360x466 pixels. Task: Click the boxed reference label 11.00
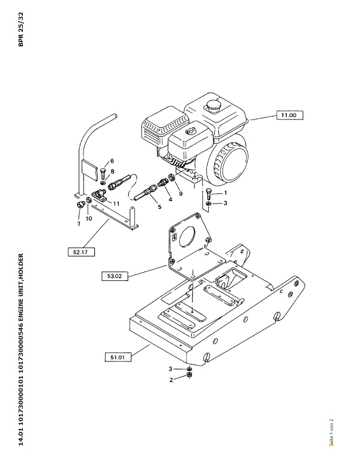pos(290,115)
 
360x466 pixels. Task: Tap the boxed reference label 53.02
pos(115,276)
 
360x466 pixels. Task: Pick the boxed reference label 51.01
pos(118,357)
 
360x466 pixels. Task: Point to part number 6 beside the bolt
pos(112,161)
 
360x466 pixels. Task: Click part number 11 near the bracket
pos(116,204)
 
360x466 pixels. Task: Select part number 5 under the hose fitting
pos(160,207)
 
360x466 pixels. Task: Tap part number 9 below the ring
pos(181,193)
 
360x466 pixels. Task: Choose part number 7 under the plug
pos(79,224)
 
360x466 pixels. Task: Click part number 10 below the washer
pos(89,219)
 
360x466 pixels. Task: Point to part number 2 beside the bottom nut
pos(171,380)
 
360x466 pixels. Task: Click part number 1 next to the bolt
pos(226,193)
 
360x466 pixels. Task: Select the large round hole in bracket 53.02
pos(187,237)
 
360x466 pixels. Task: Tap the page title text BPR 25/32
pos(20,29)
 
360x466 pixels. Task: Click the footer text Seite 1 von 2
pos(331,432)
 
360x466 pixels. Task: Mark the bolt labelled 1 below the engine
pos(209,194)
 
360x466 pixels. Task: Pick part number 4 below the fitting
pos(170,199)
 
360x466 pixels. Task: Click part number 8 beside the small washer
pos(112,172)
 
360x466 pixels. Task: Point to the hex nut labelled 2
pos(189,375)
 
